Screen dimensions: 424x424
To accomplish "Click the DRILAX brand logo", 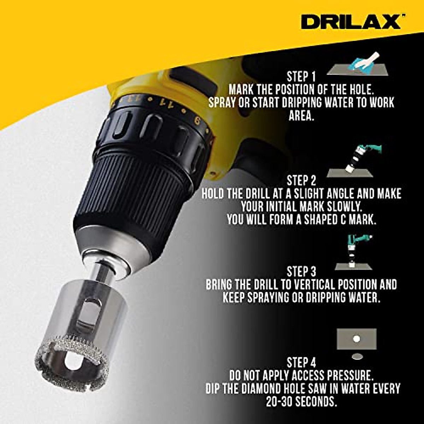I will (351, 22).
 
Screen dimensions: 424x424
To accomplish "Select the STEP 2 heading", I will (301, 181).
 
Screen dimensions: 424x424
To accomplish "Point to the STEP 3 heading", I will (301, 272).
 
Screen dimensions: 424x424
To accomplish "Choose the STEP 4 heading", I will (301, 363).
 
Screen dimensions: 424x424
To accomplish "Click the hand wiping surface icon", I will (358, 64).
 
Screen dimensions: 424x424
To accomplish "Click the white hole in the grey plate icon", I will (357, 339).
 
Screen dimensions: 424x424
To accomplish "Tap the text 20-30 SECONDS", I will (301, 401).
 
